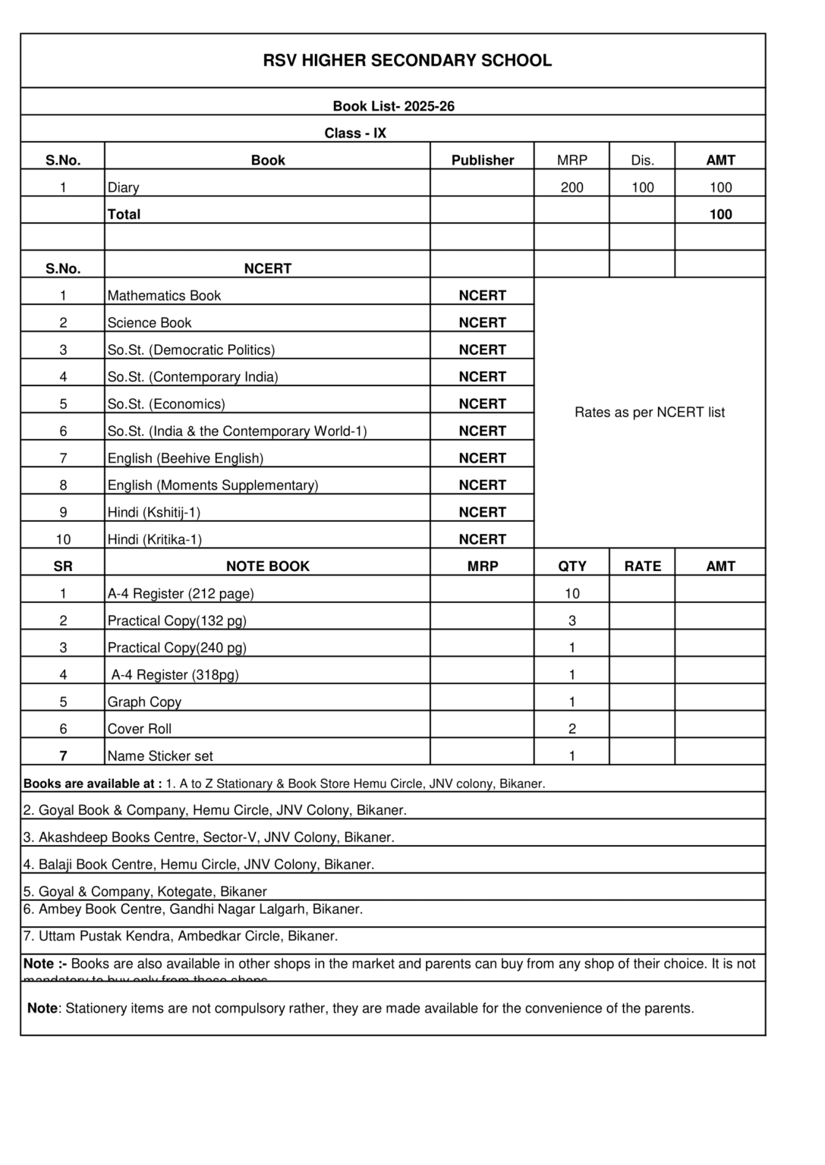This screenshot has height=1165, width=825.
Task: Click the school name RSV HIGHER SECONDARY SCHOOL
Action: pos(407,61)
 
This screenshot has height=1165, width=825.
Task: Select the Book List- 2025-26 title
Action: pos(393,106)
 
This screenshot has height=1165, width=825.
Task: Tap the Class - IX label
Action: pos(355,133)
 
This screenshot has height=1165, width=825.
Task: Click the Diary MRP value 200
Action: pos(572,187)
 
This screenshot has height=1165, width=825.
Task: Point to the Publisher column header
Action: pos(482,160)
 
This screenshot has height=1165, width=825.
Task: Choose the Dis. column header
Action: pos(642,160)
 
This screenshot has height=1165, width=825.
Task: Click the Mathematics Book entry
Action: pos(164,296)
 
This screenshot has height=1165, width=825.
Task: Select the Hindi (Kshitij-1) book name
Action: pos(154,513)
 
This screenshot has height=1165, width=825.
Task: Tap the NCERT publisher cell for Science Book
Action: pos(482,323)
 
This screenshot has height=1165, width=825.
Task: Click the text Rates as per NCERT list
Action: pos(649,413)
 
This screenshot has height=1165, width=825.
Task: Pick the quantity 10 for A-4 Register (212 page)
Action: pos(572,594)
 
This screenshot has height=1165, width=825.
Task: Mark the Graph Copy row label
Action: pos(144,702)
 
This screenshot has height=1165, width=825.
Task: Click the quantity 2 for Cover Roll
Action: pos(572,729)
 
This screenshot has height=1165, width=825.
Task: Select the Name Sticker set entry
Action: pos(160,756)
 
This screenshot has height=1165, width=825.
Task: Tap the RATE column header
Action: pos(642,567)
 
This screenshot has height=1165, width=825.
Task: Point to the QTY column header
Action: pos(572,567)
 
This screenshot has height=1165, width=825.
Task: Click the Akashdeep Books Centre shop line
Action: pos(209,838)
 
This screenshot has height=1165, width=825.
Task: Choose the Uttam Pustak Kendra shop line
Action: pos(181,937)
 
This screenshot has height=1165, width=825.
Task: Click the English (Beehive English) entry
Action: pos(185,459)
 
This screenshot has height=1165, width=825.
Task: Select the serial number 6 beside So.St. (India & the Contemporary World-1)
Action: pos(63,432)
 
